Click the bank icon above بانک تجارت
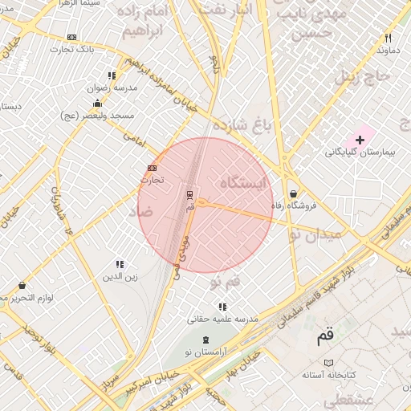point(73,37)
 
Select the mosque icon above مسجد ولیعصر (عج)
point(98,103)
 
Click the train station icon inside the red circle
point(189,193)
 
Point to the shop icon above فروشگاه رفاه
point(294,193)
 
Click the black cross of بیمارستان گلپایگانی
point(359,140)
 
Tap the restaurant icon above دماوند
point(389,38)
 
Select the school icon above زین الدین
point(120,264)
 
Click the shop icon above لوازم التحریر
point(22,285)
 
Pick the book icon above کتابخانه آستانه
point(327,363)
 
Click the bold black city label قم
point(324,337)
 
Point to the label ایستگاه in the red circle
point(234,184)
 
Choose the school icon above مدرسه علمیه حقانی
point(222,307)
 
